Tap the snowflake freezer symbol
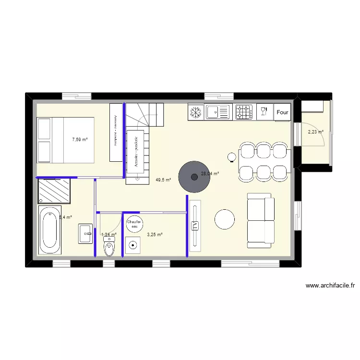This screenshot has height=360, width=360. point(195,112)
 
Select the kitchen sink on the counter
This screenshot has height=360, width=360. point(218,112)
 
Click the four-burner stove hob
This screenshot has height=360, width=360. point(244,113)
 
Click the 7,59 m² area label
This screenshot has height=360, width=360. point(80,140)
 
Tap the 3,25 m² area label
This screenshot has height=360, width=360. point(155,235)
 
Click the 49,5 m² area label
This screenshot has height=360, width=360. point(163,180)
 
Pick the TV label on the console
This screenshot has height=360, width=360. point(195,226)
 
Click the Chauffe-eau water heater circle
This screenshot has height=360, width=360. point(134,224)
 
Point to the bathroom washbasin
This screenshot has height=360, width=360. point(86,234)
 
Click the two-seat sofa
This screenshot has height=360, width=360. point(260,220)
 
